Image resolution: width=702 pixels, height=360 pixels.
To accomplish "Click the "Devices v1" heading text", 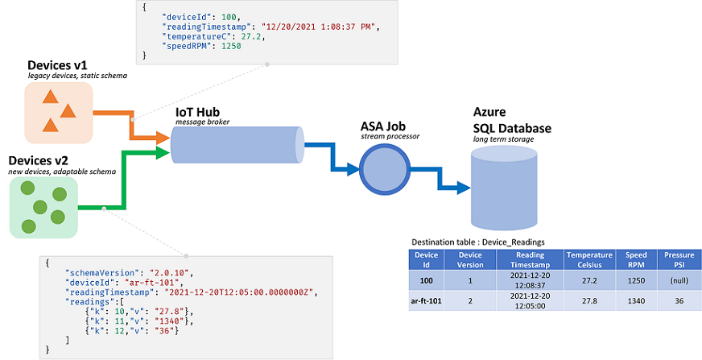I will (56, 64).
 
